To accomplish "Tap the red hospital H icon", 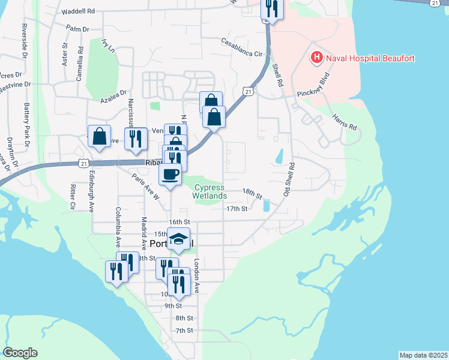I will pyautogui.click(x=316, y=58).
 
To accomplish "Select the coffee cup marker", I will pyautogui.click(x=170, y=174).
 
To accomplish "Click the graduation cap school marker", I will pyautogui.click(x=178, y=239).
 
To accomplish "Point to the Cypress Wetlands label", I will pyautogui.click(x=209, y=191).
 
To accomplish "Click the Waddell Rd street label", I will pyautogui.click(x=79, y=11).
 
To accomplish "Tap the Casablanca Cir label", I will pyautogui.click(x=243, y=47).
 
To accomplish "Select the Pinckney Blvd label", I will pyautogui.click(x=315, y=87).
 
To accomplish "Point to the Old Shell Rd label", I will pyautogui.click(x=289, y=179).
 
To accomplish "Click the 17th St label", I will pyautogui.click(x=237, y=209).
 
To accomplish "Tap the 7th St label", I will pyautogui.click(x=184, y=331).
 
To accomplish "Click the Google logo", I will pyautogui.click(x=20, y=353).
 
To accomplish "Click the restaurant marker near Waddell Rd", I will pyautogui.click(x=272, y=9).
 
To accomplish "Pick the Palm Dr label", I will pyautogui.click(x=77, y=29).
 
